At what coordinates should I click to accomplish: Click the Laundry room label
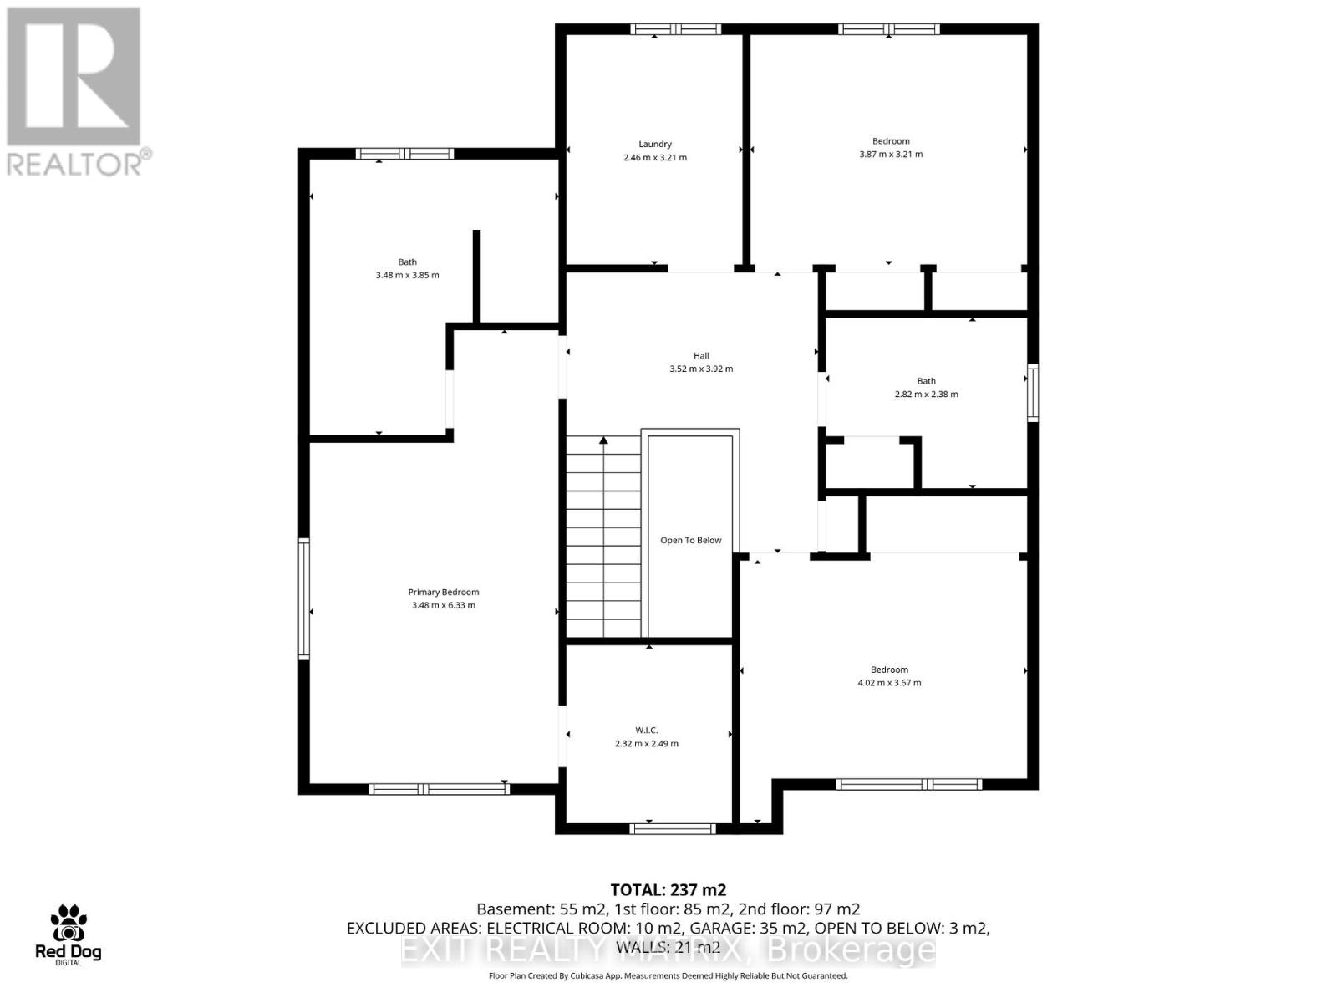(655, 144)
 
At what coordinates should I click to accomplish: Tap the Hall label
(700, 355)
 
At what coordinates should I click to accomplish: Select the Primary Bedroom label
(443, 592)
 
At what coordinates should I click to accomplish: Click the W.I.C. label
(647, 730)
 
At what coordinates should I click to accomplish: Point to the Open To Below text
(690, 540)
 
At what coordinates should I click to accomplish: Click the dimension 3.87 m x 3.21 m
(891, 154)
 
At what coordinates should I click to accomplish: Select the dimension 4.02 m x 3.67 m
(889, 683)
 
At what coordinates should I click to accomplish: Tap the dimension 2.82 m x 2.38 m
(926, 394)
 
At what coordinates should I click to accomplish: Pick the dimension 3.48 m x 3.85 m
(407, 275)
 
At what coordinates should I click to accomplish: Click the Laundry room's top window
(675, 29)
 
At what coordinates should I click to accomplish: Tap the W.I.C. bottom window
(673, 828)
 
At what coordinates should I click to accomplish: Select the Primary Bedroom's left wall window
(304, 598)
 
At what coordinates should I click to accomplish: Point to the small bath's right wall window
(1033, 392)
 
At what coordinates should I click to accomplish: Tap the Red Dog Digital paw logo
(68, 924)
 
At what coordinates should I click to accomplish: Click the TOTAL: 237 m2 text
(668, 890)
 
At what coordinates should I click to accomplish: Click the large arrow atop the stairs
(603, 440)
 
